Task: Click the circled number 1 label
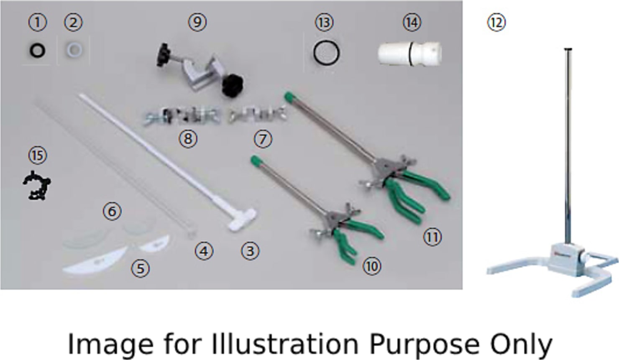coord(37,23)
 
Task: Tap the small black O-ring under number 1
coord(37,51)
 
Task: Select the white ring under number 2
coord(74,51)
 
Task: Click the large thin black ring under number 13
coord(326,53)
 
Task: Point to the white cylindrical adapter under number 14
coord(409,54)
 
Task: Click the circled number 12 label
coord(496,23)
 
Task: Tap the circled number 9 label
coord(197,23)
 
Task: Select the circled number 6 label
coord(112,212)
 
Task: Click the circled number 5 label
coord(141,268)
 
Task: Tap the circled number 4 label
coord(204,251)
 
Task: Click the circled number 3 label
coord(250,251)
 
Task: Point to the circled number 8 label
coord(188,138)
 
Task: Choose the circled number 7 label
coord(263,139)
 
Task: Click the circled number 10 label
coord(372,266)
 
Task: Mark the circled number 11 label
coord(432,237)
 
